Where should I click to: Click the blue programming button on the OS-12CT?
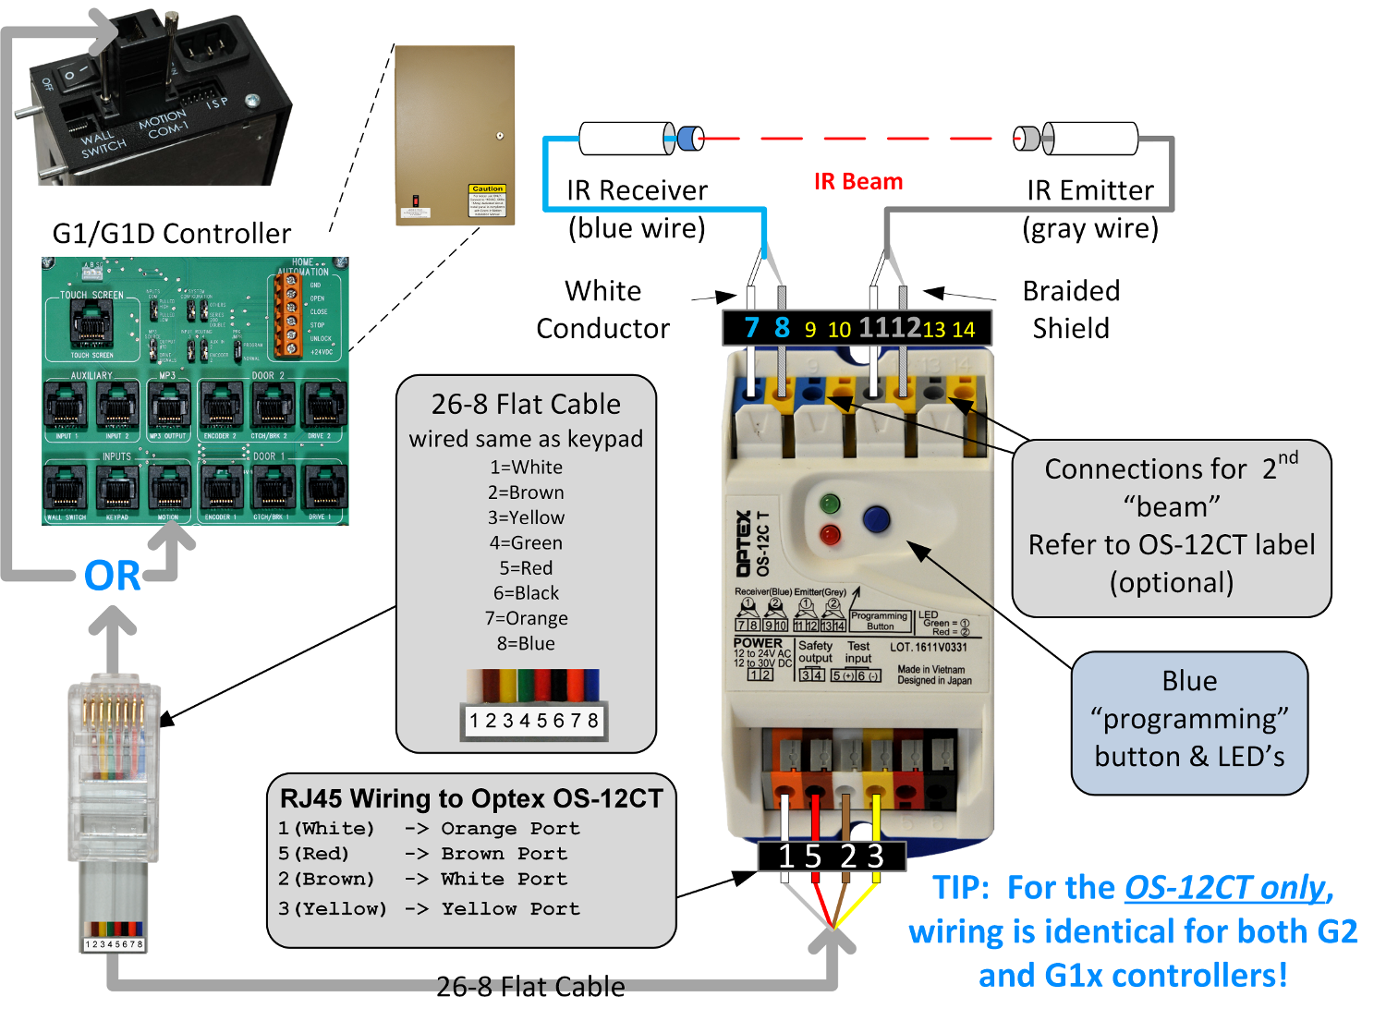click(875, 519)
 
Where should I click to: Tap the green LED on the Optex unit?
click(830, 504)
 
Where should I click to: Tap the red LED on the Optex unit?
click(830, 535)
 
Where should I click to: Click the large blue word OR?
click(112, 576)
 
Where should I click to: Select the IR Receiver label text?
click(637, 190)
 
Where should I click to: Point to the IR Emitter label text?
click(1090, 190)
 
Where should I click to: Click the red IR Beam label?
click(857, 182)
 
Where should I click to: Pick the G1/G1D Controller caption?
click(171, 233)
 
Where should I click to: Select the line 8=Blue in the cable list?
click(526, 643)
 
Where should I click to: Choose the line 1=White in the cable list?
click(526, 468)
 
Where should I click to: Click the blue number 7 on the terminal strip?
click(751, 328)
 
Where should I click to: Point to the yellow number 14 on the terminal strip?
click(964, 330)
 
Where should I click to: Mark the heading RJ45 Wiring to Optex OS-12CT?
click(471, 798)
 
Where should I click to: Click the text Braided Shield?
click(1071, 310)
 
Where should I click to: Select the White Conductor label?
click(602, 310)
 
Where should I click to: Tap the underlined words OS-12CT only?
click(1224, 888)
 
